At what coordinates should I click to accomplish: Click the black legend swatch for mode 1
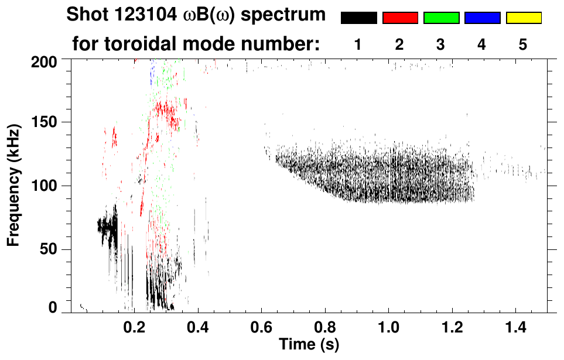358,18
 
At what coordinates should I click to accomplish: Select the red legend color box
400,18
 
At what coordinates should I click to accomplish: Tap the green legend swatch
441,18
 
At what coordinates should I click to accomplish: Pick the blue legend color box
482,18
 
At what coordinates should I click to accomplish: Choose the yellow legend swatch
524,18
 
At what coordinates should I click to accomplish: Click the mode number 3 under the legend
441,44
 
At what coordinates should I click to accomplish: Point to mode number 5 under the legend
523,44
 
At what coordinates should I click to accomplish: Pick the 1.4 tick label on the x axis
513,326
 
